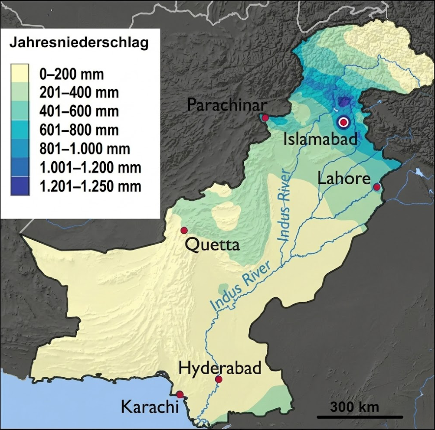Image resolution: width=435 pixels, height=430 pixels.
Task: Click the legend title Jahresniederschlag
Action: pyautogui.click(x=79, y=43)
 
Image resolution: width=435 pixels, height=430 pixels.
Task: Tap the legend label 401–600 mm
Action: pyautogui.click(x=78, y=111)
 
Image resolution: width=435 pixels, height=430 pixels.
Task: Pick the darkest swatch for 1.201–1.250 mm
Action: pyautogui.click(x=20, y=186)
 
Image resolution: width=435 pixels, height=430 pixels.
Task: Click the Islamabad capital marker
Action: pyautogui.click(x=344, y=122)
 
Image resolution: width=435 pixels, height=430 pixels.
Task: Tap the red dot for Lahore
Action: pyautogui.click(x=377, y=187)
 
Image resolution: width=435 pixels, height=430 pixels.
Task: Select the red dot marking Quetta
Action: pyautogui.click(x=184, y=230)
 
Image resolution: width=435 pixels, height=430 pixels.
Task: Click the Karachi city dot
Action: pyautogui.click(x=179, y=394)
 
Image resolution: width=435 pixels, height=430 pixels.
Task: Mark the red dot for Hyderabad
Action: pyautogui.click(x=219, y=380)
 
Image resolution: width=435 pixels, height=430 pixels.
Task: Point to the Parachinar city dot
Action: pyautogui.click(x=265, y=117)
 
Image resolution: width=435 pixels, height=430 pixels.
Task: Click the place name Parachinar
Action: pyautogui.click(x=227, y=104)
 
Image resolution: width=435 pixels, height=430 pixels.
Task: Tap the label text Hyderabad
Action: pyautogui.click(x=220, y=368)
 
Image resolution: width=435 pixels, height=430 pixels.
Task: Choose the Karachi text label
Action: pyautogui.click(x=150, y=407)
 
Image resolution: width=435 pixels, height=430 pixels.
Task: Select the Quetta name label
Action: pyautogui.click(x=212, y=245)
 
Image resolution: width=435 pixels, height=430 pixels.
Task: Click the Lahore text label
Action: pyautogui.click(x=344, y=178)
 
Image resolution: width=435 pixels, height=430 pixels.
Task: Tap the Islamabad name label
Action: pyautogui.click(x=321, y=139)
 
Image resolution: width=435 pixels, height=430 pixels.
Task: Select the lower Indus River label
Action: pyautogui.click(x=241, y=286)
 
